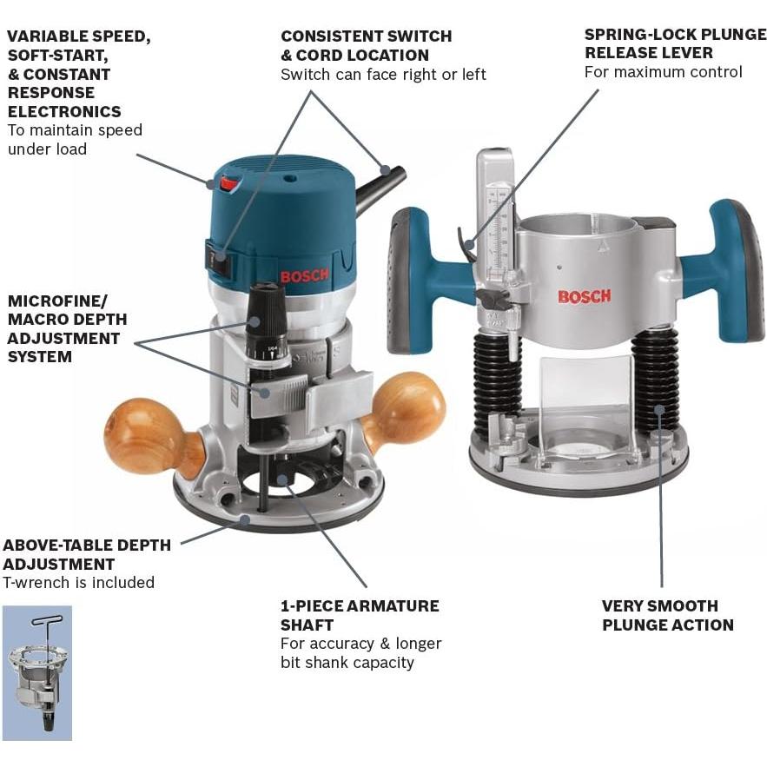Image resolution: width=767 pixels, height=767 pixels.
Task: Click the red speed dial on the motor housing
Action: point(228,183)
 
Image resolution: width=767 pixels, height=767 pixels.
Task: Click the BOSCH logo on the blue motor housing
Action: point(304,276)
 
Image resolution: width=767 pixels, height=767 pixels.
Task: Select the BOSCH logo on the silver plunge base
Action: point(584,296)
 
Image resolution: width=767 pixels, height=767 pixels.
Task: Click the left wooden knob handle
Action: point(143,435)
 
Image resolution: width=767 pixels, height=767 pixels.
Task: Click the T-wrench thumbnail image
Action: point(36,672)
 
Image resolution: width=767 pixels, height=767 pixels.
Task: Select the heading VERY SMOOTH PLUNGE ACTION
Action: point(667,615)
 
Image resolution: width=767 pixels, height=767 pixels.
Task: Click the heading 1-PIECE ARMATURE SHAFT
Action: point(360,615)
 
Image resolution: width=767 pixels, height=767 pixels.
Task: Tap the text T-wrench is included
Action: point(79,583)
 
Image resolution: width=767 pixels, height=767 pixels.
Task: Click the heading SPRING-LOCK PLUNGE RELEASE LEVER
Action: point(674,43)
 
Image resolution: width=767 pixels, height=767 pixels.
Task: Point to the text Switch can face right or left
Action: point(383,75)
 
